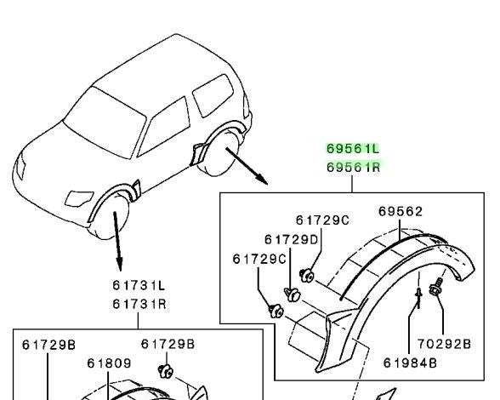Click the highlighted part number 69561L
(x=353, y=149)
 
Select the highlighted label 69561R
(x=354, y=167)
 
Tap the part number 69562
(x=401, y=211)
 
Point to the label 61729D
(x=291, y=239)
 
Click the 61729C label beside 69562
(x=322, y=220)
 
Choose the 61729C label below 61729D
(x=259, y=259)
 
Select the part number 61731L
(x=139, y=285)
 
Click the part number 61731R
(x=139, y=304)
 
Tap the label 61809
(x=109, y=363)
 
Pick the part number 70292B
(x=444, y=344)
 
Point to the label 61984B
(x=410, y=363)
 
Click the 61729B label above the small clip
(x=168, y=344)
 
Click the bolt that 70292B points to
(x=436, y=288)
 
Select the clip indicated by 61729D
(x=292, y=294)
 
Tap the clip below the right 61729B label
(x=166, y=371)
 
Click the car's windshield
(x=105, y=123)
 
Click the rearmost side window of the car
(x=213, y=94)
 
